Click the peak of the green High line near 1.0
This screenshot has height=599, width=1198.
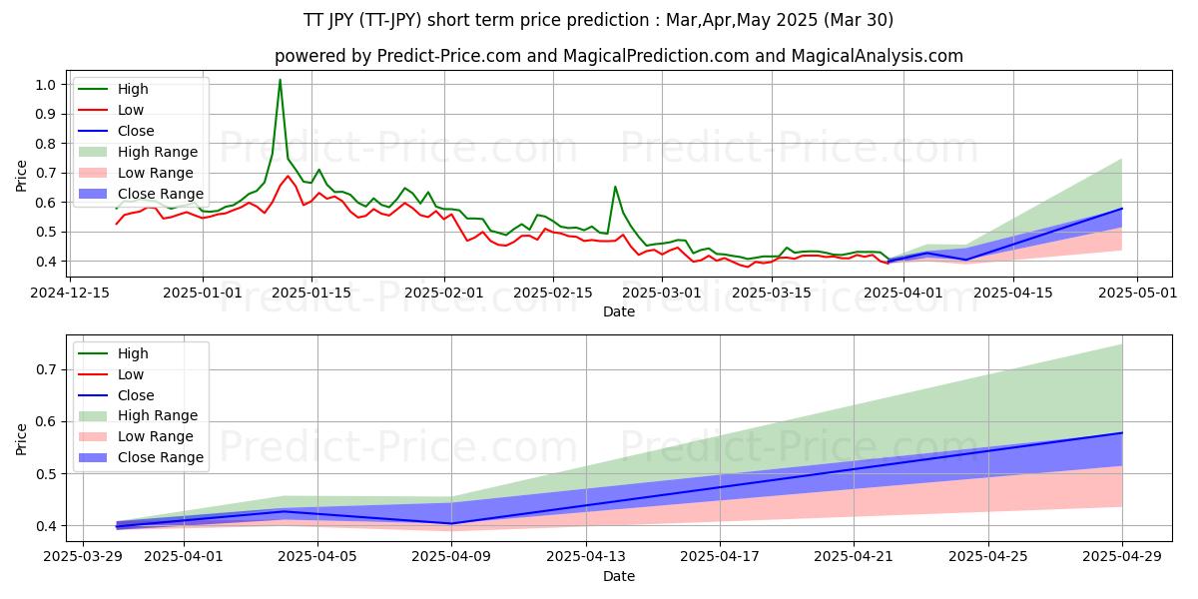point(280,80)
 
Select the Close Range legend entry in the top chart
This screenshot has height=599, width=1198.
point(160,194)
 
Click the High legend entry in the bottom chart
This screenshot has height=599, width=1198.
point(133,353)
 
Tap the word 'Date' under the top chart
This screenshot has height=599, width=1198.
point(618,311)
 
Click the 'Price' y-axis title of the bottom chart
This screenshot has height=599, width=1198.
point(22,438)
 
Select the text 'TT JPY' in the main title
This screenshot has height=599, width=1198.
point(333,20)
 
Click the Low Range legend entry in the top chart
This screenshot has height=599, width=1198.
point(158,173)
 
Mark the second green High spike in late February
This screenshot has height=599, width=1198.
point(615,187)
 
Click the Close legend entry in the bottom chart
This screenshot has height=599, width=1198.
point(136,395)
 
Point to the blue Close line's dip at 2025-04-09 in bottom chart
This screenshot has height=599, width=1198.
point(451,523)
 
